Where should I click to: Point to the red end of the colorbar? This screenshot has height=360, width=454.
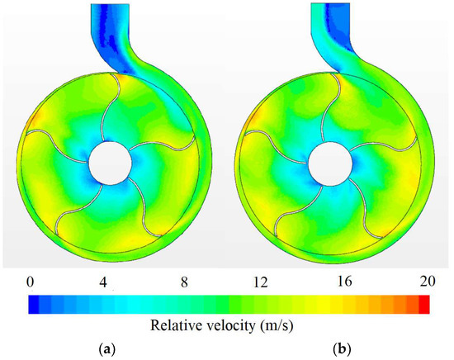(424, 304)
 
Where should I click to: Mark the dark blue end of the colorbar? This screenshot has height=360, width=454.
(33, 304)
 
